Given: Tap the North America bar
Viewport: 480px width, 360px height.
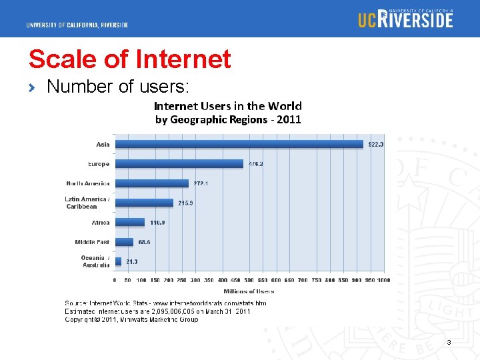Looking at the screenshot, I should coord(151,183).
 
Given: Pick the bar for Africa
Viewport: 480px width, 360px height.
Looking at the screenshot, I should coord(129,222).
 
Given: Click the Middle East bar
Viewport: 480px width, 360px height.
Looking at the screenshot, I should coord(124,241).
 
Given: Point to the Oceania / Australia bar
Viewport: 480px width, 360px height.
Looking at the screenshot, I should coord(118,261).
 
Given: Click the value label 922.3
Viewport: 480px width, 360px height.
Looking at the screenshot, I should coord(375,144).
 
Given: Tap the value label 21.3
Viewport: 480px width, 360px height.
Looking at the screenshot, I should coord(131,261).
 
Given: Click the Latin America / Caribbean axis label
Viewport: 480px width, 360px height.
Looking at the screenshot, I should coord(87,203).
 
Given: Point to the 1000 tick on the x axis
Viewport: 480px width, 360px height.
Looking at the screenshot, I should coord(383,281).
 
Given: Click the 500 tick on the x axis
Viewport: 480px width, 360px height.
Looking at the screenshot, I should coord(249,281).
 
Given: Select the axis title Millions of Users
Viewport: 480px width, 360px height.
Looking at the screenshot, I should coord(249,291).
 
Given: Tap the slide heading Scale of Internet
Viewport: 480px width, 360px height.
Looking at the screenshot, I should coord(129,59).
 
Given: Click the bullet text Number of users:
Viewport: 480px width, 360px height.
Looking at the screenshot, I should coord(118,86).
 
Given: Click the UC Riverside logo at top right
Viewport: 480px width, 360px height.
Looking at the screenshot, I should coord(405,19).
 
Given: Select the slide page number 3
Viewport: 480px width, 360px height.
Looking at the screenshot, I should coord(449,342).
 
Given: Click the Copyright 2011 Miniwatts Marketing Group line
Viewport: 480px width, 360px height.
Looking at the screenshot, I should coord(131,319).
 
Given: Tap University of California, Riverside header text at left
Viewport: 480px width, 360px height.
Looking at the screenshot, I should coord(77,25).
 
